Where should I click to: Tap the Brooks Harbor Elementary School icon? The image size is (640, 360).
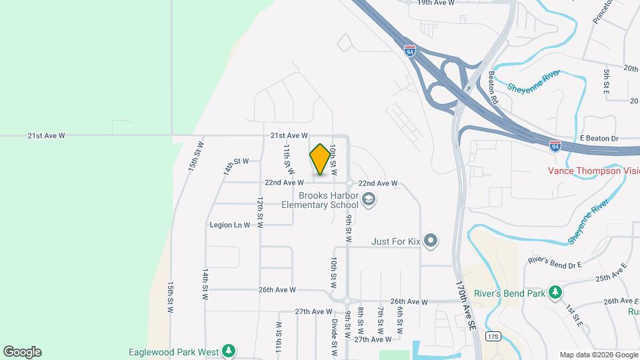point(368,199)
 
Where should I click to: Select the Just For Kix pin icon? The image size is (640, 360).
point(431,241)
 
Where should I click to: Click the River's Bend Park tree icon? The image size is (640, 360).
point(555,293)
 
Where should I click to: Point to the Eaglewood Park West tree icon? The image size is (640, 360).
point(229,351)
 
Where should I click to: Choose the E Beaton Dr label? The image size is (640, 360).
point(599,138)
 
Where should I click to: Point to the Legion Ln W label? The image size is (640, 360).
point(229,225)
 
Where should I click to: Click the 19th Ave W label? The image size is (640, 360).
point(435,3)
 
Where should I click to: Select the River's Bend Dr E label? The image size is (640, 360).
point(554,262)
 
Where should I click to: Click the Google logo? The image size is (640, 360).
point(22,352)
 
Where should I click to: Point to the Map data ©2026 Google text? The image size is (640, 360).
point(598,355)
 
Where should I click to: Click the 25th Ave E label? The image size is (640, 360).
point(611,273)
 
